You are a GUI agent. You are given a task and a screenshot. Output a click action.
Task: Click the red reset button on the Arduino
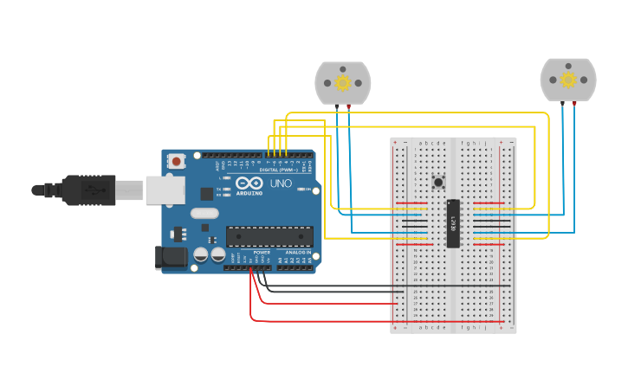click(177, 160)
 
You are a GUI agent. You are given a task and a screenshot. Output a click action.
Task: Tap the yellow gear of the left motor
click(342, 82)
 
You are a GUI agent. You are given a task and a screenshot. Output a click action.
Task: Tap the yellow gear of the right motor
click(568, 80)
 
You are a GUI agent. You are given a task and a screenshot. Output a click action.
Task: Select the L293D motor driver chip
click(452, 223)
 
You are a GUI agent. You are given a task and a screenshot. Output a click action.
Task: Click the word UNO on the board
click(281, 184)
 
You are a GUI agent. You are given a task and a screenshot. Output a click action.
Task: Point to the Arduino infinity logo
click(249, 183)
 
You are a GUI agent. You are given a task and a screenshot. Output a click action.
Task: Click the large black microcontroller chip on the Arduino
click(269, 236)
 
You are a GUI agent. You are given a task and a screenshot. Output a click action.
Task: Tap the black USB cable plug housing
click(89, 190)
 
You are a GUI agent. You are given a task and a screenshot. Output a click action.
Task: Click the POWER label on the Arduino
click(262, 252)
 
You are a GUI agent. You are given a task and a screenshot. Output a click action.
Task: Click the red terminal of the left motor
click(349, 105)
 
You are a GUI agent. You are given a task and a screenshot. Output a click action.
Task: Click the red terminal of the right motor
click(574, 103)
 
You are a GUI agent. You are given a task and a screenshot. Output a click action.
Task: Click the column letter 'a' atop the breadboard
click(420, 143)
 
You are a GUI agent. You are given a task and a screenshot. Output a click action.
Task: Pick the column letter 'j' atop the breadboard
click(486, 143)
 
